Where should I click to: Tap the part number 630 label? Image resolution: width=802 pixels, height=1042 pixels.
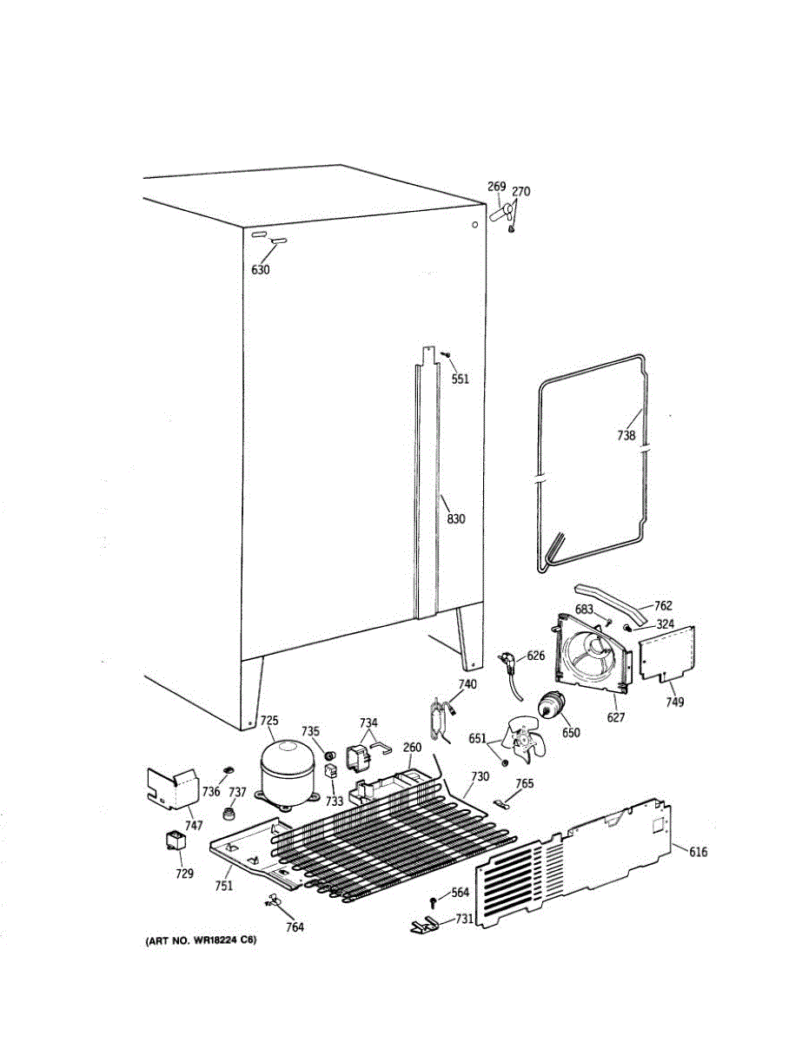point(261,270)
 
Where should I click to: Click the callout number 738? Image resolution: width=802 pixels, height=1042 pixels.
point(626,436)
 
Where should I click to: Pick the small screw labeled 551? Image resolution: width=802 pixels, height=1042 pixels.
point(445,354)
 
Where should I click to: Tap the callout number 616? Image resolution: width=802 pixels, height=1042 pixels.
point(698,852)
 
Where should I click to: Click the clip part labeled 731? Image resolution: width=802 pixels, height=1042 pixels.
point(424,926)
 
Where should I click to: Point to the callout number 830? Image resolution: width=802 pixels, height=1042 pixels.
point(456,519)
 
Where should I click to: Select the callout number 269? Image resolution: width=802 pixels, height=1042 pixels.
point(496,187)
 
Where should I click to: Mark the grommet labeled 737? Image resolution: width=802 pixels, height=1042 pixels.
point(230,814)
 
